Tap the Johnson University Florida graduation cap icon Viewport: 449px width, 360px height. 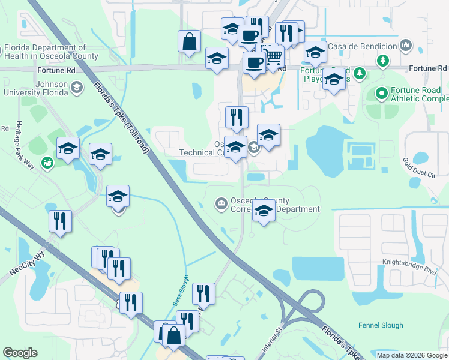pyautogui.click(x=76, y=88)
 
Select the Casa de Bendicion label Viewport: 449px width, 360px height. pyautogui.click(x=362, y=46)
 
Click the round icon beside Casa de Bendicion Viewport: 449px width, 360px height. pyautogui.click(x=406, y=45)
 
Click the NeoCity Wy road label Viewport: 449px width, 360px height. pyautogui.click(x=27, y=264)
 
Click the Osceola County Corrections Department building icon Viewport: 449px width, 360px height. pyautogui.click(x=221, y=205)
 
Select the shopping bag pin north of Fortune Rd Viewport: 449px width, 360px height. pyautogui.click(x=189, y=42)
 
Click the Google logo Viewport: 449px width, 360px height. pyautogui.click(x=20, y=352)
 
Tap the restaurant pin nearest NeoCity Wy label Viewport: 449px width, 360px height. pyautogui.click(x=61, y=221)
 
